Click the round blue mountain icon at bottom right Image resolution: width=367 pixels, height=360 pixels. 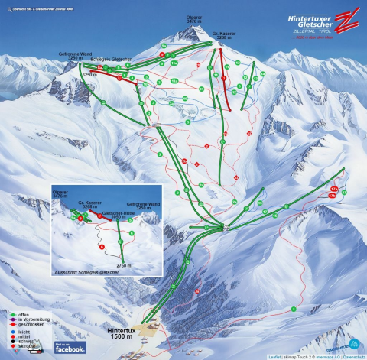coord(354,342)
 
